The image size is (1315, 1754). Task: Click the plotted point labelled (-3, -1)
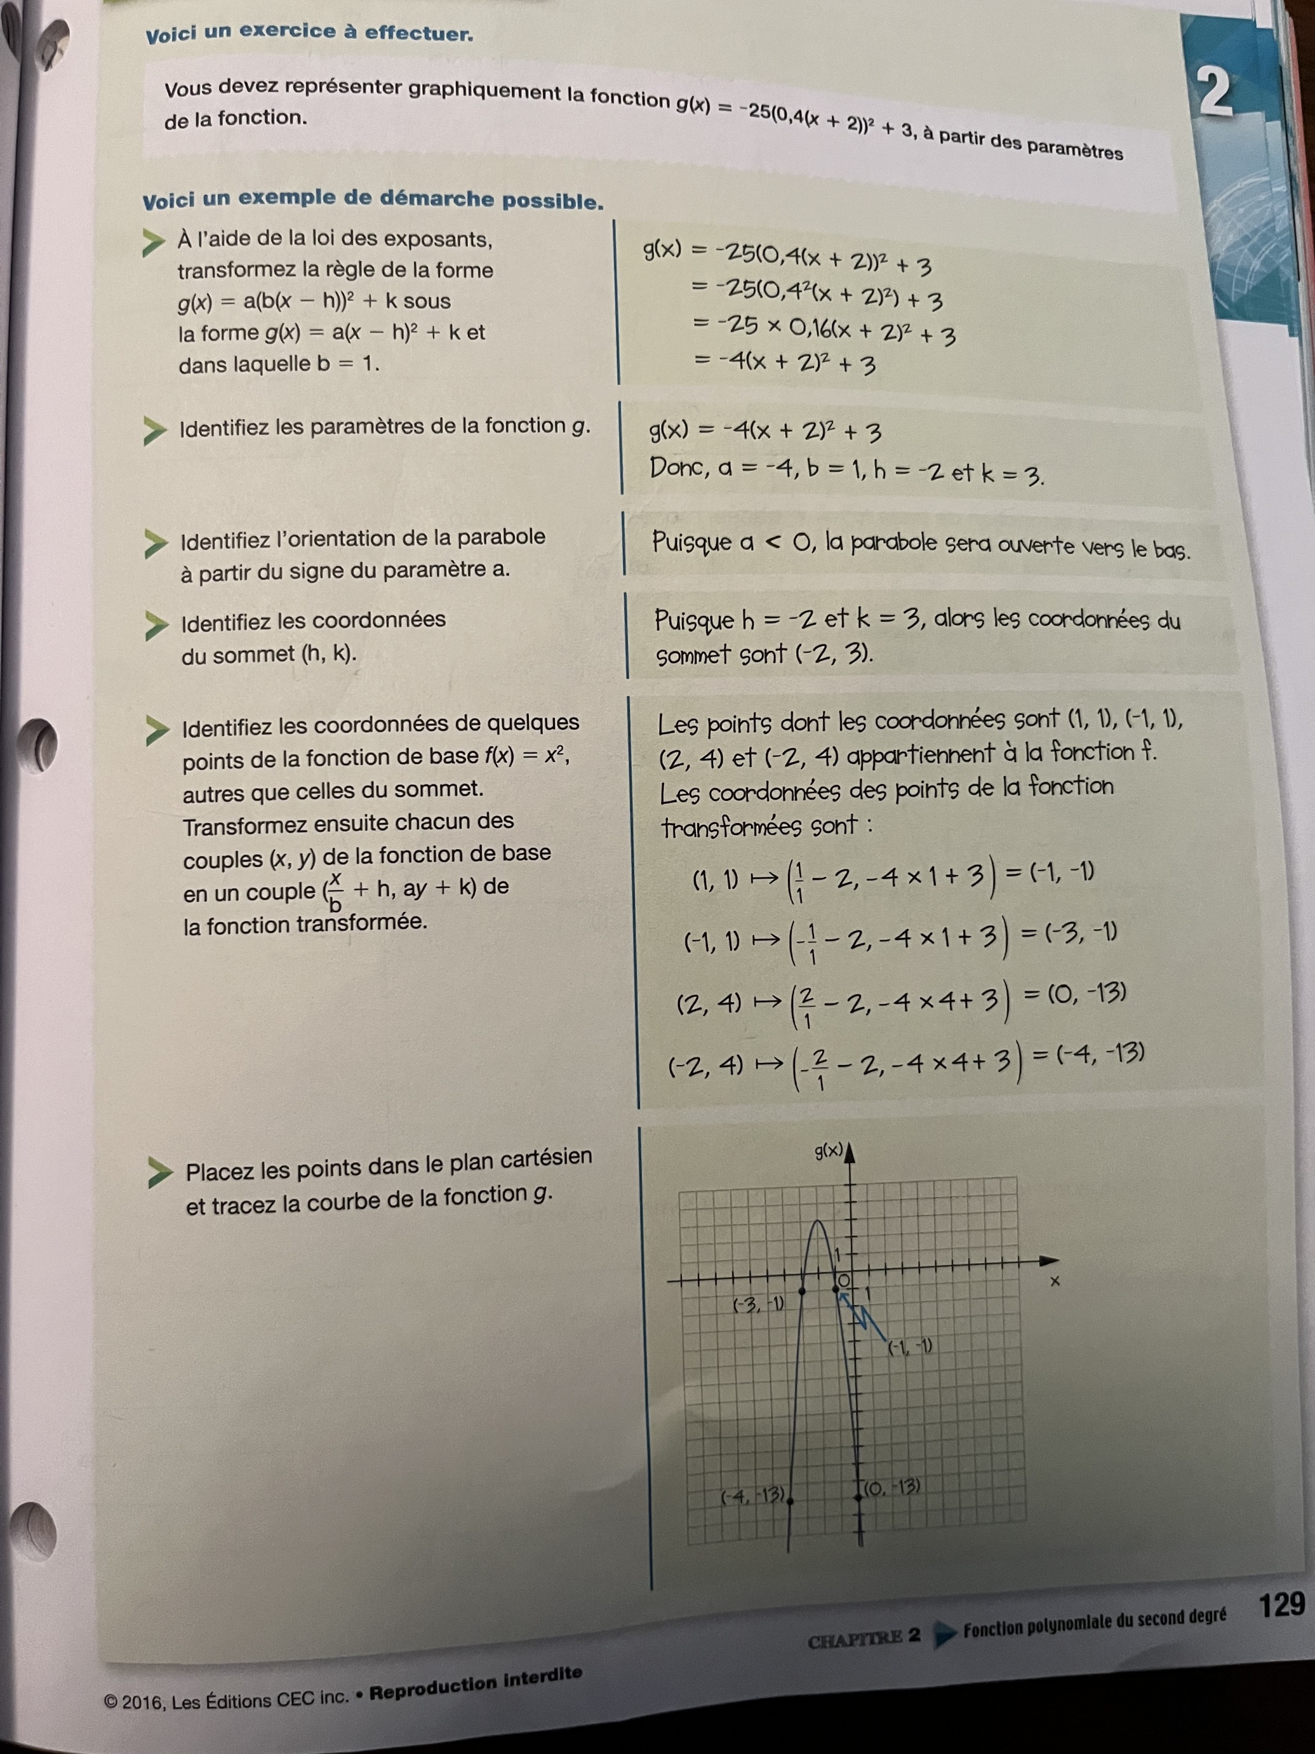coord(802,1292)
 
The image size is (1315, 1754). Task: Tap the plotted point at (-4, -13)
coord(790,1499)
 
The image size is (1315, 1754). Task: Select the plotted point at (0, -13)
coord(860,1495)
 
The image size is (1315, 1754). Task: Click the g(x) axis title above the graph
coord(829,1151)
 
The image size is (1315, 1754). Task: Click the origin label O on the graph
coord(844,1280)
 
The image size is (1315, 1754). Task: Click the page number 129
coord(1281,1605)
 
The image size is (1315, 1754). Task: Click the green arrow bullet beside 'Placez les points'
coord(159,1172)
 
